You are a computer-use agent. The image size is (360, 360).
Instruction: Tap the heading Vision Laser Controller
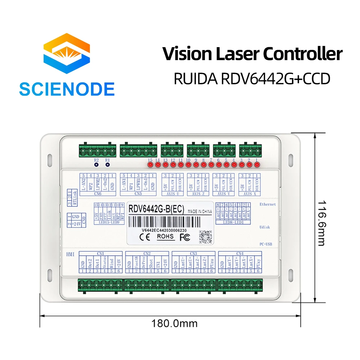252,54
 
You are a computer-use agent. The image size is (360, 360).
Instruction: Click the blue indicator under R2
96,165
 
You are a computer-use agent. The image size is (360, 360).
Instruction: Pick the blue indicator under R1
107,165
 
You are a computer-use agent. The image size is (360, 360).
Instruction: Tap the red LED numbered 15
150,165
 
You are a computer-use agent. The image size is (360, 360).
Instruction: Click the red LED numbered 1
257,165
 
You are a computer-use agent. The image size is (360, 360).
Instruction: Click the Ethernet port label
267,204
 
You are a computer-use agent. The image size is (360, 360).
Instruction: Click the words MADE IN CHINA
199,212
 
